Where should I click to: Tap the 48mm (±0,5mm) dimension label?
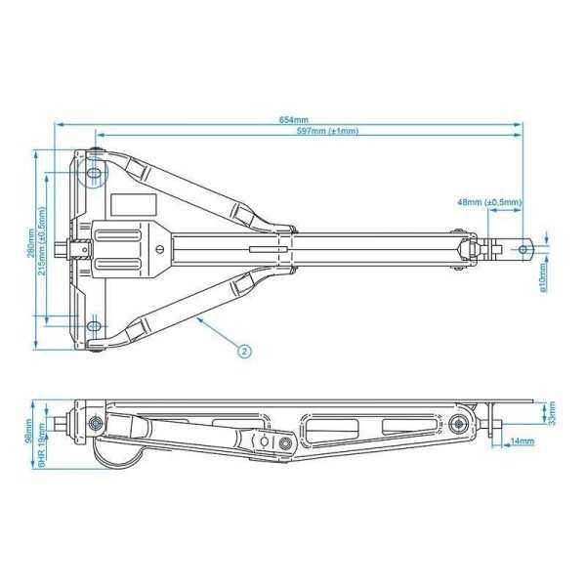pyautogui.click(x=488, y=202)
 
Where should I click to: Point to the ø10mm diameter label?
pyautogui.click(x=542, y=280)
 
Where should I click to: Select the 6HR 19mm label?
pyautogui.click(x=41, y=451)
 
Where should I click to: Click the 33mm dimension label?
pyautogui.click(x=552, y=414)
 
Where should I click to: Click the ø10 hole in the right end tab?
pyautogui.click(x=523, y=250)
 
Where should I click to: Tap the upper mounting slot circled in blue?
pyautogui.click(x=94, y=175)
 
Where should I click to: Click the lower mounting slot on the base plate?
pyautogui.click(x=94, y=326)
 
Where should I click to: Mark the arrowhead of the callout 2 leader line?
pyautogui.click(x=198, y=318)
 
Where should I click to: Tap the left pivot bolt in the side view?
pyautogui.click(x=96, y=423)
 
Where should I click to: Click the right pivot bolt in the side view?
pyautogui.click(x=456, y=422)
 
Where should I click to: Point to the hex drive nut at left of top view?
pyautogui.click(x=67, y=250)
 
